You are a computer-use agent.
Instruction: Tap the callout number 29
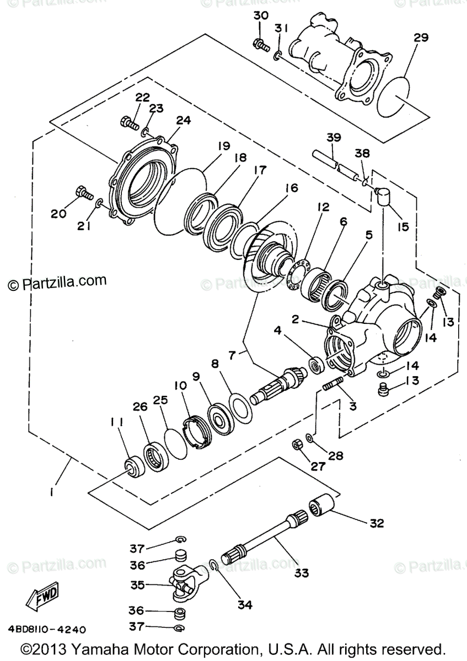pyautogui.click(x=421, y=38)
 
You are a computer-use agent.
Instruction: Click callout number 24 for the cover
pyautogui.click(x=183, y=120)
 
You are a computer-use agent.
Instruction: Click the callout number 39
pyautogui.click(x=334, y=137)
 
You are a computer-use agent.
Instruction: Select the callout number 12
pyautogui.click(x=323, y=207)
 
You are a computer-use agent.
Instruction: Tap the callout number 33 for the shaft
pyautogui.click(x=300, y=573)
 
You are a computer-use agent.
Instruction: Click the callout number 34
pyautogui.click(x=245, y=604)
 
